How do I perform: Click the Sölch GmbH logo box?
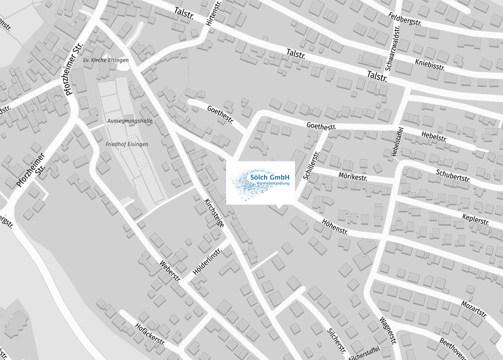[x=260, y=183]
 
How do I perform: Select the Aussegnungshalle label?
[x=130, y=121]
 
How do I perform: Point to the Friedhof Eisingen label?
[x=127, y=144]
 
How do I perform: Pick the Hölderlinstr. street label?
[x=207, y=261]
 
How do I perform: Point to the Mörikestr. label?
[x=353, y=175]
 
